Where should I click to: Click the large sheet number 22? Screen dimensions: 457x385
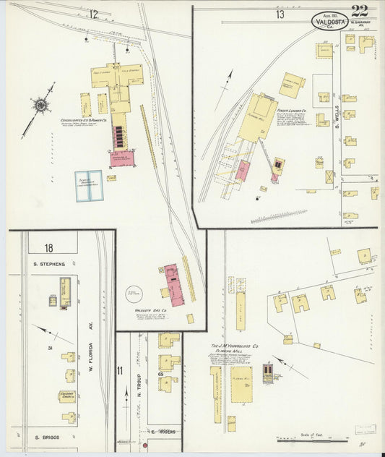[360, 11]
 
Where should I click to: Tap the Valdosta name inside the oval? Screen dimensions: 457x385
[329, 21]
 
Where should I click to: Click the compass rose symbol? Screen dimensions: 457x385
[41, 106]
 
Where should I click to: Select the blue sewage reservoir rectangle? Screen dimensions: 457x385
[90, 185]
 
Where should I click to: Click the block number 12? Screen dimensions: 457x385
[94, 14]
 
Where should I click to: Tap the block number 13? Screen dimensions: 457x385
[279, 14]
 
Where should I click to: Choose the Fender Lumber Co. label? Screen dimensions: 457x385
[291, 111]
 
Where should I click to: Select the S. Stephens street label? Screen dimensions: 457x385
[49, 264]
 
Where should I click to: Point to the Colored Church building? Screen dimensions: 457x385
[68, 396]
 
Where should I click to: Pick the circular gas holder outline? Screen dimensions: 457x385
[134, 293]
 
